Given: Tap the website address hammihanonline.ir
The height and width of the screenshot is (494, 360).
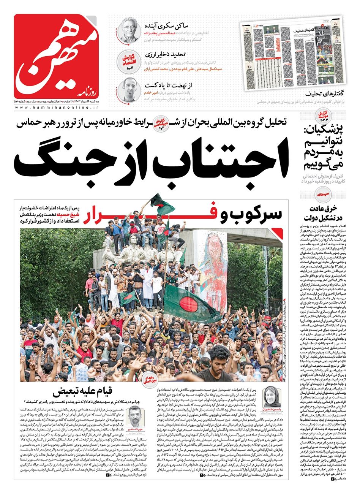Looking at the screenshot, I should click(57, 108).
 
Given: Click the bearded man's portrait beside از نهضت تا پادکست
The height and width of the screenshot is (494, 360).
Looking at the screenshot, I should click(129, 90).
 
